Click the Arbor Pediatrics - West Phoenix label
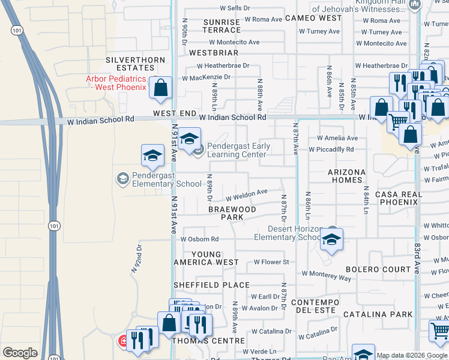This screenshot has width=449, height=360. tap(116, 83)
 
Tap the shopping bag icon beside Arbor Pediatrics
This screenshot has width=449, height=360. tap(161, 88)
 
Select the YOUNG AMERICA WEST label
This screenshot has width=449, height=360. tap(206, 258)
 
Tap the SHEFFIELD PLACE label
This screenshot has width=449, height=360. tap(203, 285)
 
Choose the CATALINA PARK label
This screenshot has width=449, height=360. tap(378, 314)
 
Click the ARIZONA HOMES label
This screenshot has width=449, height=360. tap(346, 176)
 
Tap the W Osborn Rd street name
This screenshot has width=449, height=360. tap(200, 239)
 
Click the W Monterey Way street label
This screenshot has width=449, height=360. tap(327, 275)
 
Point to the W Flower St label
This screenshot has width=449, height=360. tap(271, 262)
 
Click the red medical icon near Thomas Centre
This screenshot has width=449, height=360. tap(123, 341)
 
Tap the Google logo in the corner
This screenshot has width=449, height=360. tap(20, 353)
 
